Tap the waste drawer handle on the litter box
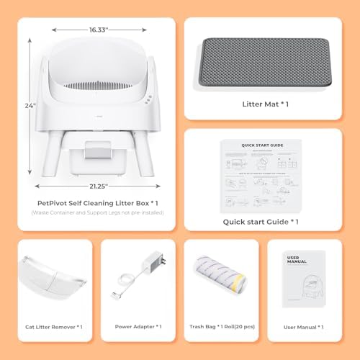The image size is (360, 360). [96, 150]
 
